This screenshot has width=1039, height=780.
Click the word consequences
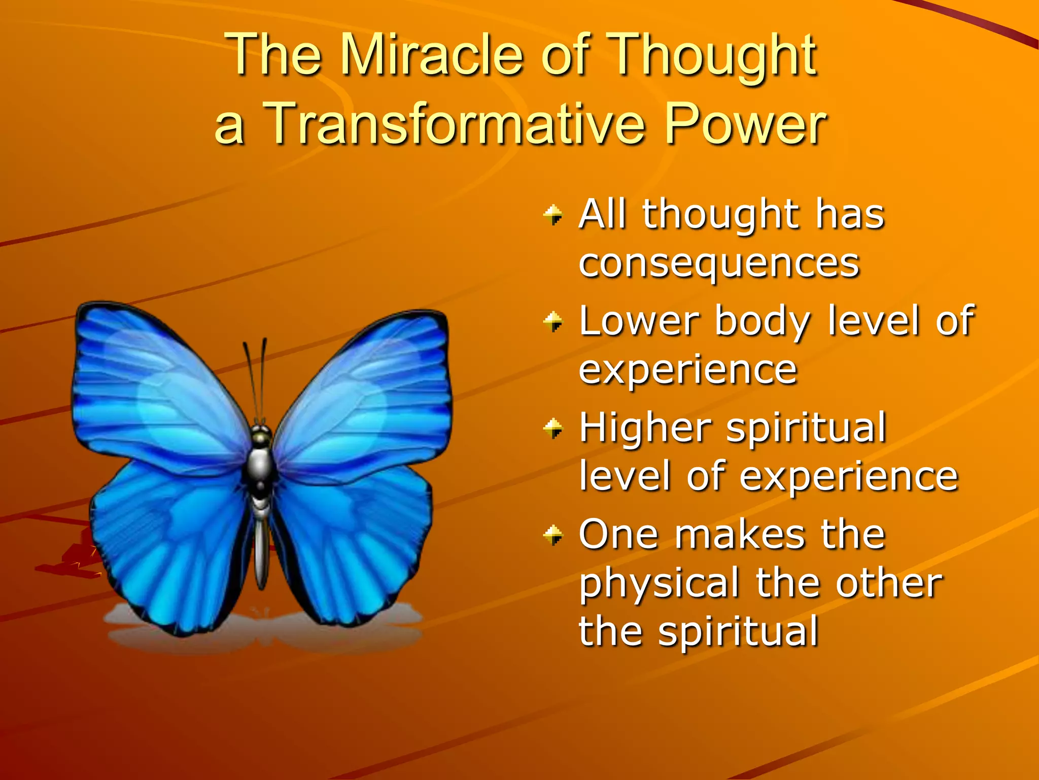click(719, 264)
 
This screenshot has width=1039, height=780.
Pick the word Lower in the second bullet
click(639, 321)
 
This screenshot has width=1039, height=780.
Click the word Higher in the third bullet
click(645, 428)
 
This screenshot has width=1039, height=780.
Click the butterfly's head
click(261, 437)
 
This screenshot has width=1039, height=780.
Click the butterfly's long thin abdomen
click(261, 554)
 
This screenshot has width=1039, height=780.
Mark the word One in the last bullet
click(617, 535)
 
